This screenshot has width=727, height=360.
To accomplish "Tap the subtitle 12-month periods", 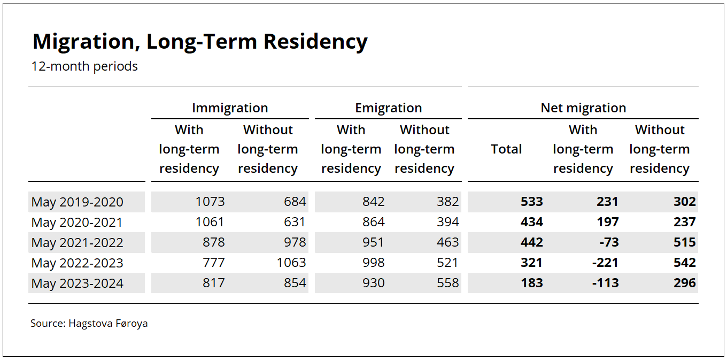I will [x=84, y=66].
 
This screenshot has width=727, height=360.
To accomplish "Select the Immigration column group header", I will [x=230, y=108].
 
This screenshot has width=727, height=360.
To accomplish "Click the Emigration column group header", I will [x=388, y=108].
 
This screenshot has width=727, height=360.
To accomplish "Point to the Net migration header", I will [x=583, y=108].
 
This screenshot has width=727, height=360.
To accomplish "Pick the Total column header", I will [x=506, y=149].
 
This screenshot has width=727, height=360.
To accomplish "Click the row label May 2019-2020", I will [x=78, y=202].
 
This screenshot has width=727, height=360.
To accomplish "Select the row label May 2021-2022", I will [x=78, y=243].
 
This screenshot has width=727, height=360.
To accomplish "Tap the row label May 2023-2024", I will [x=78, y=284].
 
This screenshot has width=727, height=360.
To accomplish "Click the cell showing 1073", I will [x=210, y=202].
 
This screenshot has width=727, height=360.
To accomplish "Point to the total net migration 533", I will [x=531, y=202].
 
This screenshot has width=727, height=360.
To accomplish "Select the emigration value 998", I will [x=373, y=263].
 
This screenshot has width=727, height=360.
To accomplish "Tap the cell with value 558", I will [x=447, y=283].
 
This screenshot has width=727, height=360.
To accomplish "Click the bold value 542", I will [x=684, y=263].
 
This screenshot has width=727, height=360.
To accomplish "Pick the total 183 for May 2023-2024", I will [x=531, y=283].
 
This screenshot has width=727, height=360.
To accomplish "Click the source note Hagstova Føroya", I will [x=108, y=323].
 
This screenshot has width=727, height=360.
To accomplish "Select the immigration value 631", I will [x=295, y=222].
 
